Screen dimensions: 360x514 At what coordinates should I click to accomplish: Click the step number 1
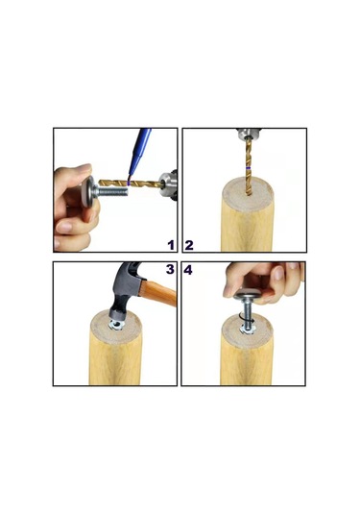tap(171, 245)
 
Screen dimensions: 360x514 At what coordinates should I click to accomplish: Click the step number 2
tap(189, 245)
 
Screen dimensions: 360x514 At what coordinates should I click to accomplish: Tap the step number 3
tap(170, 269)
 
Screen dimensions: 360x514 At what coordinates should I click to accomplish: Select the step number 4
tap(188, 270)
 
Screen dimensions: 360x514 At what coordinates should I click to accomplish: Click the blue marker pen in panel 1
tap(139, 152)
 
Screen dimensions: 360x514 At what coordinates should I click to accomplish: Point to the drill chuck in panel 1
tap(168, 184)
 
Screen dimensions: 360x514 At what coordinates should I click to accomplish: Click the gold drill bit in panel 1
tap(131, 184)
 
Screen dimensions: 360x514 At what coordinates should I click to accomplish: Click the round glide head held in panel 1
tap(87, 191)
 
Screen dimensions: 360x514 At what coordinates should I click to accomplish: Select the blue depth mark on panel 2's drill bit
tap(250, 168)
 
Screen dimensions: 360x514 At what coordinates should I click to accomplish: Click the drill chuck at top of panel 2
tap(249, 134)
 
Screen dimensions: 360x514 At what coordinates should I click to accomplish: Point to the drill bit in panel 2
tap(249, 166)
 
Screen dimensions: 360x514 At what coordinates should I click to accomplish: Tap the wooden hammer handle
tap(159, 292)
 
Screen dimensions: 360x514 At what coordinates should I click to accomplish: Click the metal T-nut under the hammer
tap(115, 324)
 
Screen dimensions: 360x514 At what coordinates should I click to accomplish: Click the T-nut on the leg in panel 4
tap(248, 329)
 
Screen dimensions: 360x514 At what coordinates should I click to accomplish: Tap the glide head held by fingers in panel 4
tap(247, 295)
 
